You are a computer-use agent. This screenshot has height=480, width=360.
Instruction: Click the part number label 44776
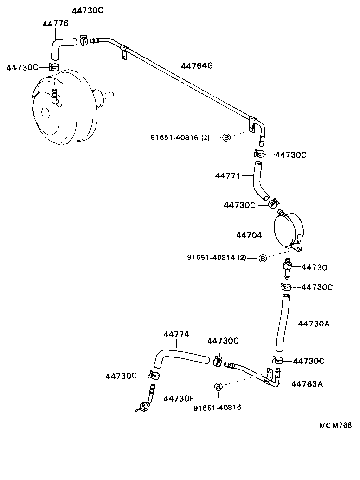click(x=55, y=23)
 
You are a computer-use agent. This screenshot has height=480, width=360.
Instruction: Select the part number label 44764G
click(x=197, y=66)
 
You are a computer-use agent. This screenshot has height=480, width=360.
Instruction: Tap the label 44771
click(x=227, y=175)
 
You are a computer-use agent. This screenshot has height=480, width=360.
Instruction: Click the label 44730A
click(x=314, y=324)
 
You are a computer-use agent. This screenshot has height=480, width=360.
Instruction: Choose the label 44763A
click(x=307, y=384)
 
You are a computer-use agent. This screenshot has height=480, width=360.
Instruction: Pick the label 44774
click(x=176, y=334)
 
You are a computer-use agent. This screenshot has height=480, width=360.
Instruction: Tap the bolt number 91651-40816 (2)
click(x=180, y=137)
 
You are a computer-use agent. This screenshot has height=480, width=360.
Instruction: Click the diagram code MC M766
click(x=335, y=425)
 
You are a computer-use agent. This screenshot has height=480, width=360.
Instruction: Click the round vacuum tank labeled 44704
click(x=288, y=231)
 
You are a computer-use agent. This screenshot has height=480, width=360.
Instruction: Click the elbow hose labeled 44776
click(x=60, y=46)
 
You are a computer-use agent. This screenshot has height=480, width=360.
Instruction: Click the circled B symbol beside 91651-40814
click(x=262, y=258)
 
